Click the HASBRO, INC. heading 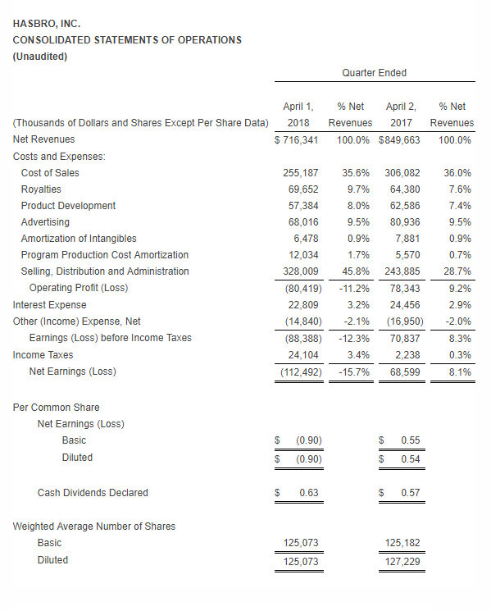click(x=47, y=24)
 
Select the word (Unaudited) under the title click(x=40, y=57)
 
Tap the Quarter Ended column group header click(x=374, y=73)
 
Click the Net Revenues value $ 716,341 click(x=296, y=140)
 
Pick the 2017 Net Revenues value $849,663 click(x=399, y=140)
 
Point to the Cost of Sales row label click(x=50, y=172)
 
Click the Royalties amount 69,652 click(x=303, y=189)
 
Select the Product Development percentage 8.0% click(x=358, y=206)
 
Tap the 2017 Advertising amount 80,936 click(x=405, y=222)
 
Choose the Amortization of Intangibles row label click(x=79, y=239)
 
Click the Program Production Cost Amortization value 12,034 click(x=303, y=255)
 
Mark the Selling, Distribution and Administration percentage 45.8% click(x=356, y=271)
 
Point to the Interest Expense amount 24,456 click(x=405, y=305)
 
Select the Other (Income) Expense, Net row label click(x=77, y=321)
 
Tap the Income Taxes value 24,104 click(x=303, y=355)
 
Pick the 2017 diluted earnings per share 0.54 click(x=411, y=459)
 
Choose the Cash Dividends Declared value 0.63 click(x=309, y=493)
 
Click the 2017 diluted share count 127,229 click(x=402, y=562)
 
